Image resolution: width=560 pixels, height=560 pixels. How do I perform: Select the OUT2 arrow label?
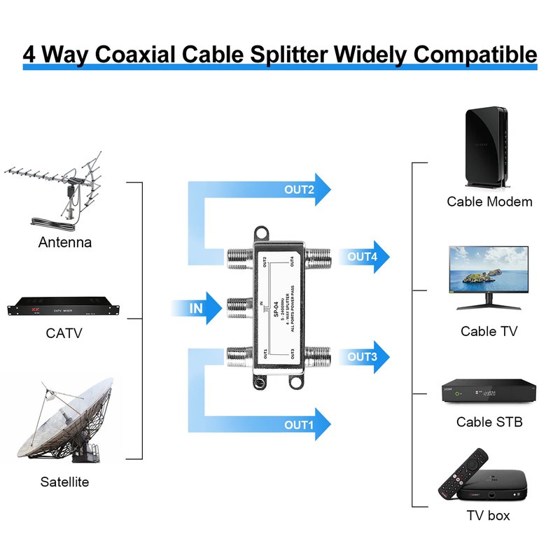click(299, 189)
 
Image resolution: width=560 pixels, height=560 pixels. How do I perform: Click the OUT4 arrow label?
click(363, 257)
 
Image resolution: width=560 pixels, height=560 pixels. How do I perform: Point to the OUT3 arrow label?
click(363, 356)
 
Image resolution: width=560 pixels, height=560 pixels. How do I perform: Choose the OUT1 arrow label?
click(299, 424)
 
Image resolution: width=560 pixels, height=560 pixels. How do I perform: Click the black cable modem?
click(489, 147)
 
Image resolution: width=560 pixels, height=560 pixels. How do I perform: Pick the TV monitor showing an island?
click(489, 273)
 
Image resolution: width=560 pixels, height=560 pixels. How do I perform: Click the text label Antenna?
click(65, 243)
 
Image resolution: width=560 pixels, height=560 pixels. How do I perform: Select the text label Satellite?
click(64, 482)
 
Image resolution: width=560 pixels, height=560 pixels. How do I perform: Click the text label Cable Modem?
click(489, 202)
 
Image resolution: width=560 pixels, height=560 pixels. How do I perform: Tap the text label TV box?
click(488, 516)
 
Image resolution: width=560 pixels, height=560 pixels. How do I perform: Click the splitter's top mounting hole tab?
click(262, 231)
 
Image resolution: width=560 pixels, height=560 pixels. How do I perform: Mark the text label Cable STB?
click(489, 422)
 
